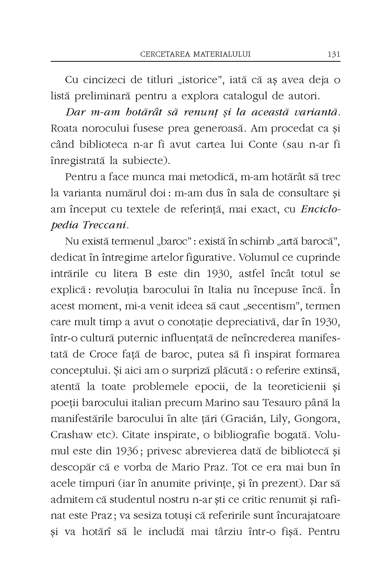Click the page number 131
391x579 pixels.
pos(334,54)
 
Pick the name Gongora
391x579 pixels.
pos(319,419)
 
